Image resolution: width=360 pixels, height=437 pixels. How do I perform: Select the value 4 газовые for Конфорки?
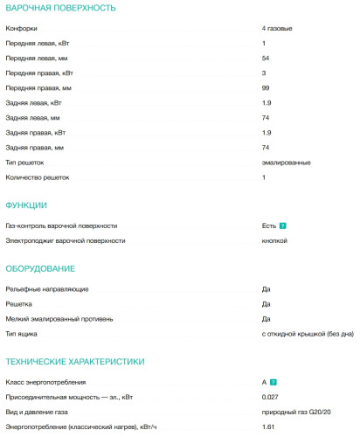(277, 28)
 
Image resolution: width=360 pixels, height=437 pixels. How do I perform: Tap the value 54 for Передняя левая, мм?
(266, 58)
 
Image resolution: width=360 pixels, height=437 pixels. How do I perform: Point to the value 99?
(266, 88)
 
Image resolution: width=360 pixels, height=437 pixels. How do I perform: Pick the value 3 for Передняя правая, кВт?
(264, 73)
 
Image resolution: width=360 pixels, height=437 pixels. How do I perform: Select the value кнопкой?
(274, 240)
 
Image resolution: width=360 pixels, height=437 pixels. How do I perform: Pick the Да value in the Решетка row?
(266, 303)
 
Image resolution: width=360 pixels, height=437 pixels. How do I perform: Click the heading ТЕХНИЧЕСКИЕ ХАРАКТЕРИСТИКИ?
(74, 361)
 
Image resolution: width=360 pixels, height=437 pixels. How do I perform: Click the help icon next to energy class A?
(274, 382)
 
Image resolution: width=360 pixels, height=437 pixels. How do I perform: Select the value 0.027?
(270, 397)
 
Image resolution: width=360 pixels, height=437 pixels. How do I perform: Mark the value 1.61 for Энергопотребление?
(268, 427)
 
